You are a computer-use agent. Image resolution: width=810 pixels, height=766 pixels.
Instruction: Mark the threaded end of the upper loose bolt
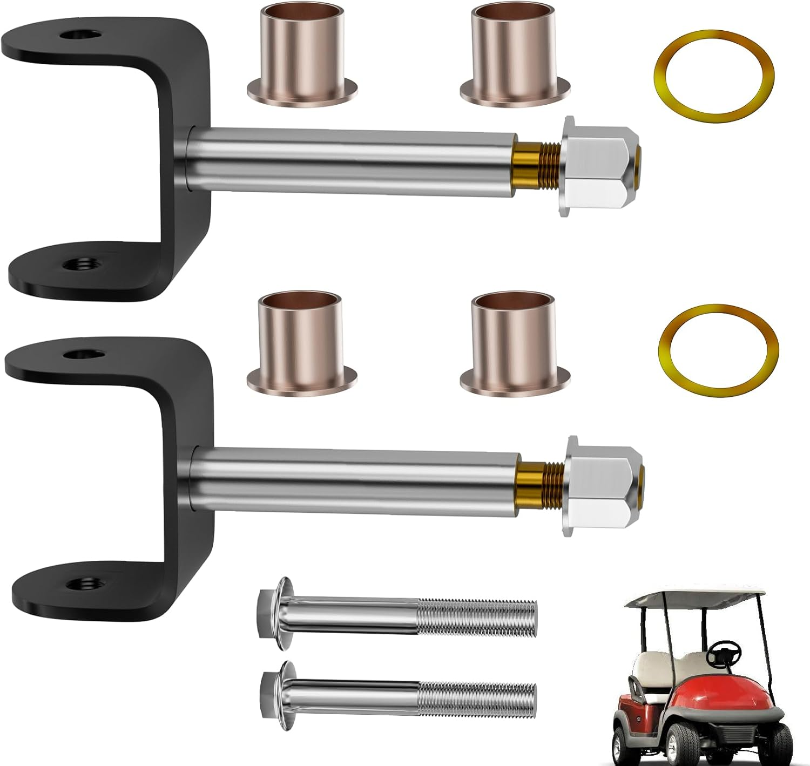click(478, 614)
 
